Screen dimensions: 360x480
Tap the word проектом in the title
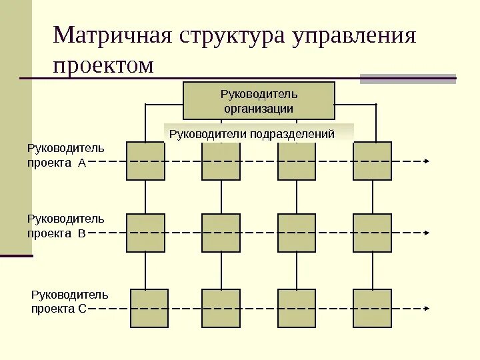click(x=103, y=65)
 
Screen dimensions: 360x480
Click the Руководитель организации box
click(x=259, y=101)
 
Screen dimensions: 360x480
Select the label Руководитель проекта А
click(x=65, y=155)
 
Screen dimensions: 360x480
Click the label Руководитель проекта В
click(x=65, y=226)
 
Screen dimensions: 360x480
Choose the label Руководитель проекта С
click(x=69, y=301)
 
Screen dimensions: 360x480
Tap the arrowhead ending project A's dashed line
click(x=427, y=161)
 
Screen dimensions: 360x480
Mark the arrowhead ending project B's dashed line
click(x=427, y=233)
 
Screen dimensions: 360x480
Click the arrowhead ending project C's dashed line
click(x=427, y=309)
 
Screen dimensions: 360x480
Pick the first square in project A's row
click(x=145, y=161)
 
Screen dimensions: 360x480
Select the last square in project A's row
click(x=372, y=161)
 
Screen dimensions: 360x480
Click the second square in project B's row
click(x=221, y=233)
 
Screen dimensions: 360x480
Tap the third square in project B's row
click(x=297, y=233)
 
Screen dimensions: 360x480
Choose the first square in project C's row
click(x=149, y=308)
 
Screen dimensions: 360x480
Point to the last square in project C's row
click(x=372, y=308)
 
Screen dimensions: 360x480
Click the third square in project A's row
click(x=297, y=161)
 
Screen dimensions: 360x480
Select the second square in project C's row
click(x=221, y=308)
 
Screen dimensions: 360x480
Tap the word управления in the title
click(x=353, y=37)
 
